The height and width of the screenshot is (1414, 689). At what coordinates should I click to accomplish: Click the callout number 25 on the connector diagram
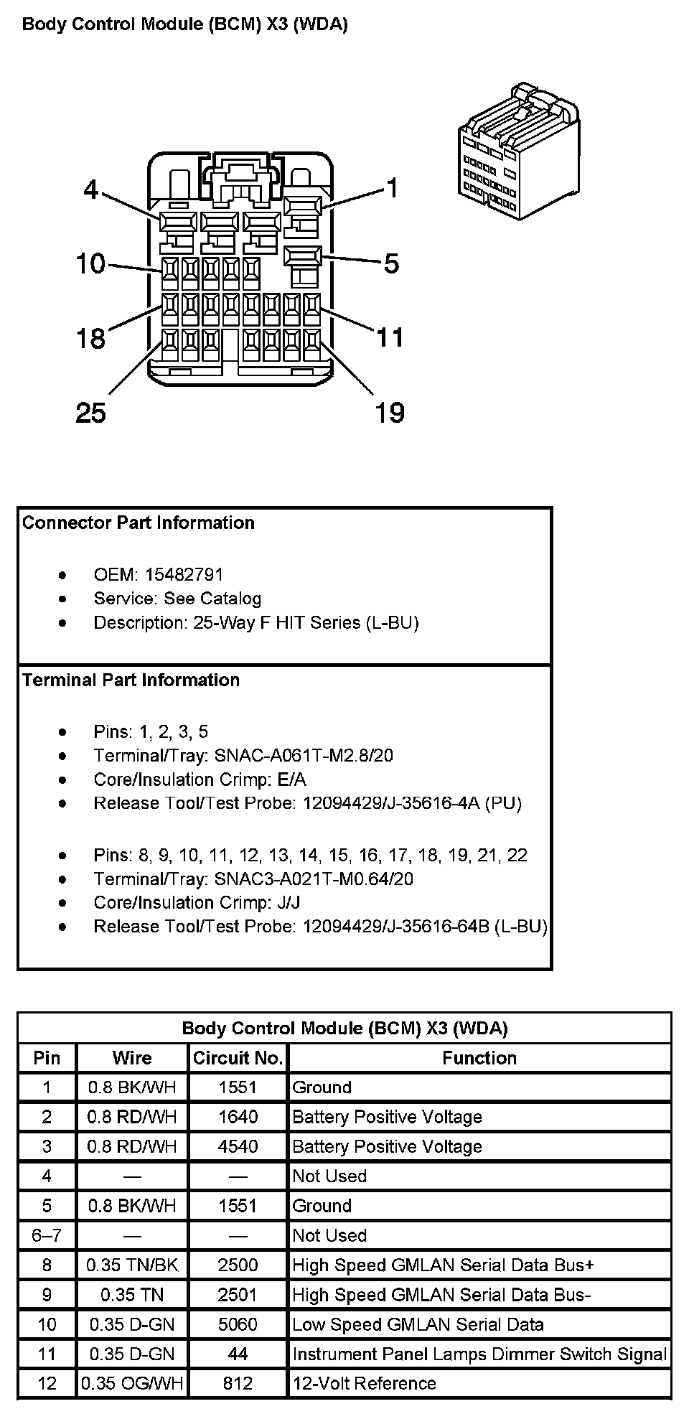coord(90,413)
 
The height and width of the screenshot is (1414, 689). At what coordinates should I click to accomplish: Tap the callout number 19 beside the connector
coord(390,413)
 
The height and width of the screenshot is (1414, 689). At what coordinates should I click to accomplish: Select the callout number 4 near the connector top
coord(90,189)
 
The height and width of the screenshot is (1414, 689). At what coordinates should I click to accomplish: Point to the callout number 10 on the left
coord(90,264)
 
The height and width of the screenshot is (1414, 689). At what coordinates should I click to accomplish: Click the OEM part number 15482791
coord(184,574)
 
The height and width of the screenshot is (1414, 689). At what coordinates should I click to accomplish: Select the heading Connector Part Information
coord(139,523)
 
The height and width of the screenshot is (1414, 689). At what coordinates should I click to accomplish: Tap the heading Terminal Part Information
coord(131,680)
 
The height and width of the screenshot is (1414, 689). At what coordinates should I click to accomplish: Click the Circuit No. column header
coord(238,1058)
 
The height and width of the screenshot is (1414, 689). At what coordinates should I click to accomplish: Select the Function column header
coord(479,1058)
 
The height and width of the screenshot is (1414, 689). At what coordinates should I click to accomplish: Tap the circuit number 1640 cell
coord(238,1117)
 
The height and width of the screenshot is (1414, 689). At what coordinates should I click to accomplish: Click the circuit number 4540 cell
coord(238,1146)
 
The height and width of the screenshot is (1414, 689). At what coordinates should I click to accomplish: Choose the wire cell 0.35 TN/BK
coord(132,1265)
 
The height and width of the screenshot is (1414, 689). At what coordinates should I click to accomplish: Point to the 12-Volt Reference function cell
coord(365,1383)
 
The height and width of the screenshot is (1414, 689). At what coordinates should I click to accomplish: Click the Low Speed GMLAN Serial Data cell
coord(418,1324)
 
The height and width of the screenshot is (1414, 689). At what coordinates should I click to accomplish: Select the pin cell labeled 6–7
coord(47,1235)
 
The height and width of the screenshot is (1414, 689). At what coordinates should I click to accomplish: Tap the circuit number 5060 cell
coord(238,1324)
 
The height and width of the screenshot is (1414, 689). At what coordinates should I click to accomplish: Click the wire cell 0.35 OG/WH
coord(132,1383)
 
